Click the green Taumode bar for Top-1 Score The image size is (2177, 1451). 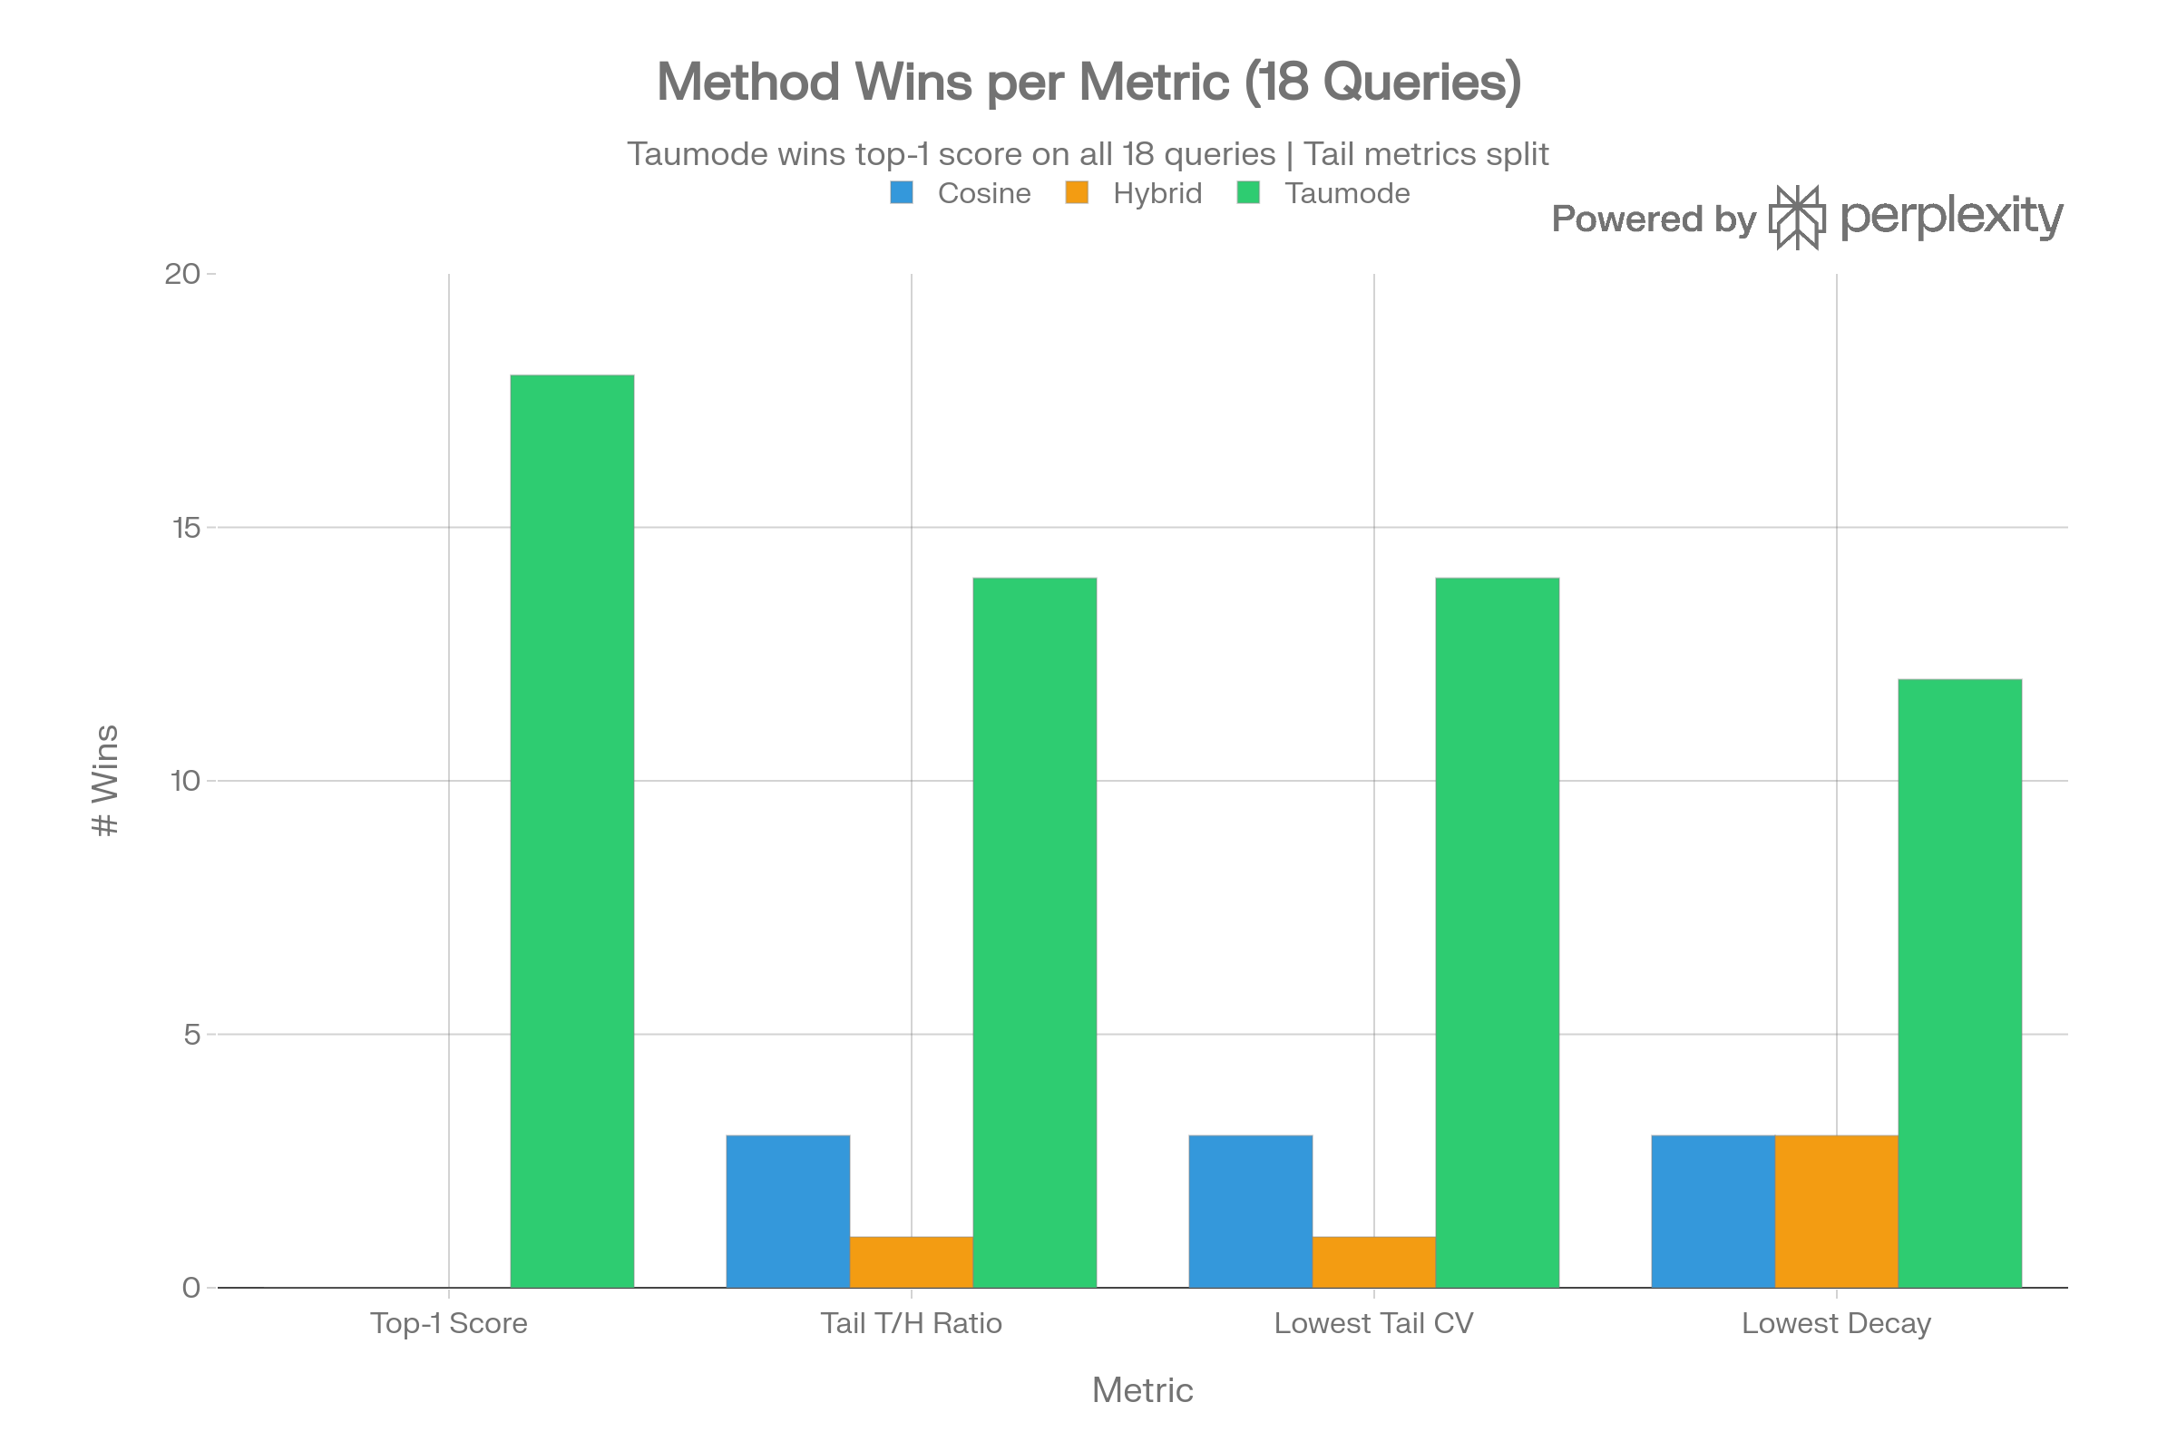click(572, 830)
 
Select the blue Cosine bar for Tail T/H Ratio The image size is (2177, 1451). click(787, 1211)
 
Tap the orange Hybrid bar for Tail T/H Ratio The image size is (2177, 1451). click(911, 1261)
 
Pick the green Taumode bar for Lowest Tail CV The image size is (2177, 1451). click(1497, 932)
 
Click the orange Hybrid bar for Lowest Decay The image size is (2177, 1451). click(1836, 1211)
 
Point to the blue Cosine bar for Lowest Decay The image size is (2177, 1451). click(1713, 1211)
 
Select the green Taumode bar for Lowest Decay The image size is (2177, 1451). click(1959, 983)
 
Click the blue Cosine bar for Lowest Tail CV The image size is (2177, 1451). click(1251, 1211)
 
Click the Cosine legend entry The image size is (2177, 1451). click(983, 193)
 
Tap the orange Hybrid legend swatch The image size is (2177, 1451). click(1077, 192)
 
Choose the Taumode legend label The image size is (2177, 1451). click(1347, 193)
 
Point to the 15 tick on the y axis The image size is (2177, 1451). click(186, 528)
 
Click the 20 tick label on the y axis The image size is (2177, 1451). click(181, 274)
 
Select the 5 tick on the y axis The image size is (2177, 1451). click(191, 1035)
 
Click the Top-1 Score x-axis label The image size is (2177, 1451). click(449, 1323)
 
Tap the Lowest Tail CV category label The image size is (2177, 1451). click(1373, 1323)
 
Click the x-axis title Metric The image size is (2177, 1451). click(1142, 1390)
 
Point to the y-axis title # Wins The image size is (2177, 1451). click(105, 780)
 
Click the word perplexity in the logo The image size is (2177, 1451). click(1951, 217)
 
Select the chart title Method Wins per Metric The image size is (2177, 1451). click(1088, 82)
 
